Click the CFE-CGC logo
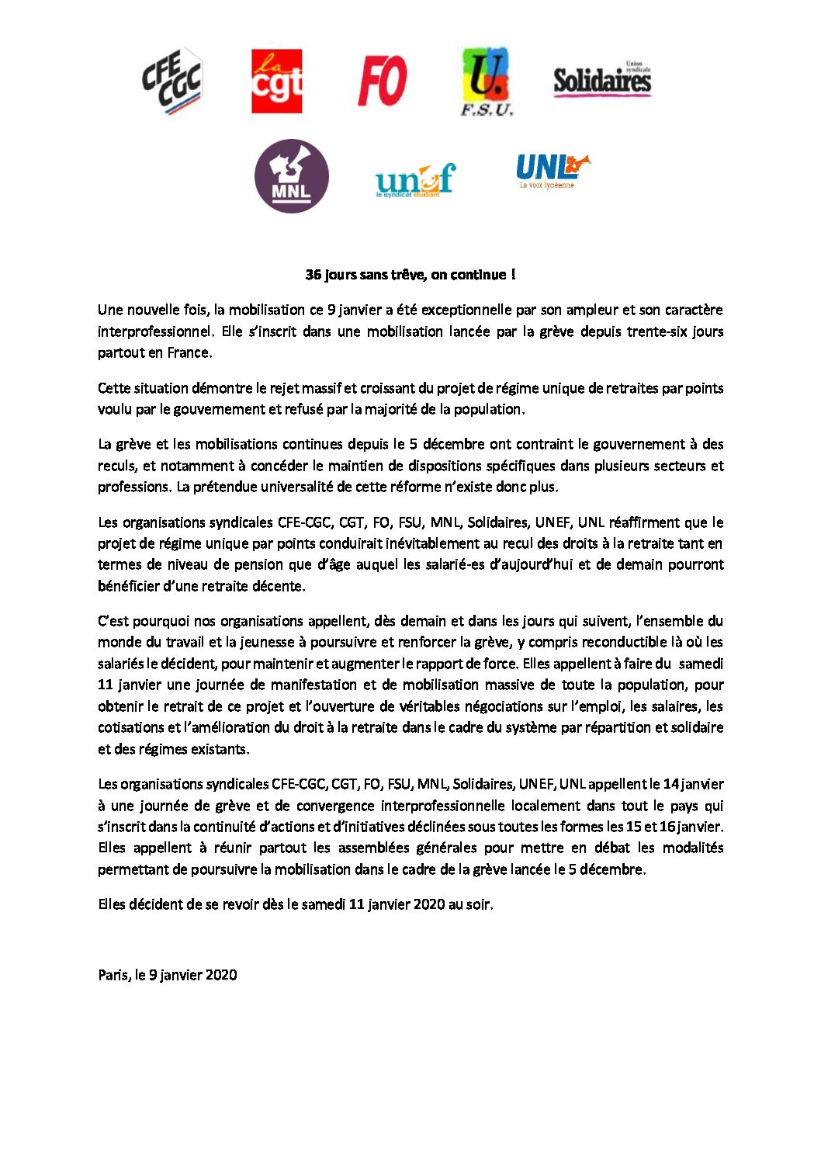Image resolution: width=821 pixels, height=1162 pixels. pyautogui.click(x=171, y=82)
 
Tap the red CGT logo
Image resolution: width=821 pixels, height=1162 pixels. pyautogui.click(x=276, y=82)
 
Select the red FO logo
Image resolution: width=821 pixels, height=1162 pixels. pyautogui.click(x=382, y=81)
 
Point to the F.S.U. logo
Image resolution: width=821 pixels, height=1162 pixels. pyautogui.click(x=487, y=81)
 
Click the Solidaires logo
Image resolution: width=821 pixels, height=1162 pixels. pyautogui.click(x=602, y=79)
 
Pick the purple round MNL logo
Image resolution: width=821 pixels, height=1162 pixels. pyautogui.click(x=291, y=176)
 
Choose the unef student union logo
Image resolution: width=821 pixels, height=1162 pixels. pyautogui.click(x=415, y=180)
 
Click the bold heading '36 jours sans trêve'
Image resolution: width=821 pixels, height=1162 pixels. pyautogui.click(x=410, y=275)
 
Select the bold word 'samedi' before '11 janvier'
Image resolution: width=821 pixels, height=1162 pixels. pyautogui.click(x=701, y=664)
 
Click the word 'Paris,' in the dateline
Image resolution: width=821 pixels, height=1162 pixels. pyautogui.click(x=114, y=975)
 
